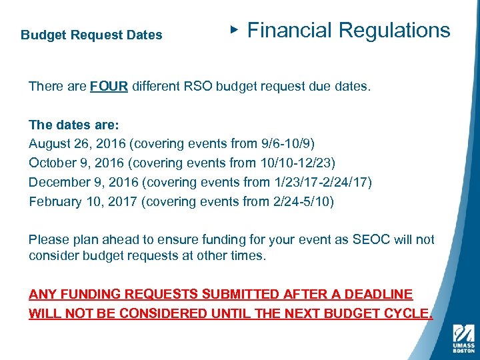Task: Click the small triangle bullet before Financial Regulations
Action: tap(233, 29)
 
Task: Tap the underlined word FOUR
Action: tap(109, 87)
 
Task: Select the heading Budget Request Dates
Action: tap(91, 35)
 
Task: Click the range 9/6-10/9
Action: tap(286, 143)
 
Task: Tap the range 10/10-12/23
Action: tap(300, 163)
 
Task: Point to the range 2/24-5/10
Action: tap(299, 201)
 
